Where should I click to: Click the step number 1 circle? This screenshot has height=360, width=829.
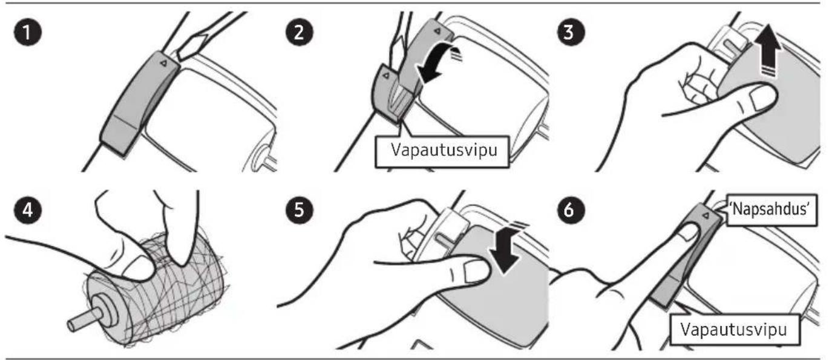pyautogui.click(x=28, y=32)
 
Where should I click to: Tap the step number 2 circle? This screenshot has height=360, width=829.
pyautogui.click(x=299, y=32)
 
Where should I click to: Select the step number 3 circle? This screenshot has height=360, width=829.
pyautogui.click(x=571, y=32)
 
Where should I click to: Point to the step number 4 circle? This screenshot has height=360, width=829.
pyautogui.click(x=28, y=210)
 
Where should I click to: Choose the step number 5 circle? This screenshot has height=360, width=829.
pyautogui.click(x=299, y=210)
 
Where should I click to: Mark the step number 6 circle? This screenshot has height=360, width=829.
pyautogui.click(x=571, y=210)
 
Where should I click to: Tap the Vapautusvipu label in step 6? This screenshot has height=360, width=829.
pyautogui.click(x=735, y=329)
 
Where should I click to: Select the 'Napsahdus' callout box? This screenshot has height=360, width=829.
pyautogui.click(x=772, y=210)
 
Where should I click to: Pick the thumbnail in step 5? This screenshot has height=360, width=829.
pyautogui.click(x=477, y=271)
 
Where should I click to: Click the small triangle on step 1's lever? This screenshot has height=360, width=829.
pyautogui.click(x=163, y=64)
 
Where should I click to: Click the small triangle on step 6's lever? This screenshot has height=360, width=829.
pyautogui.click(x=706, y=215)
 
